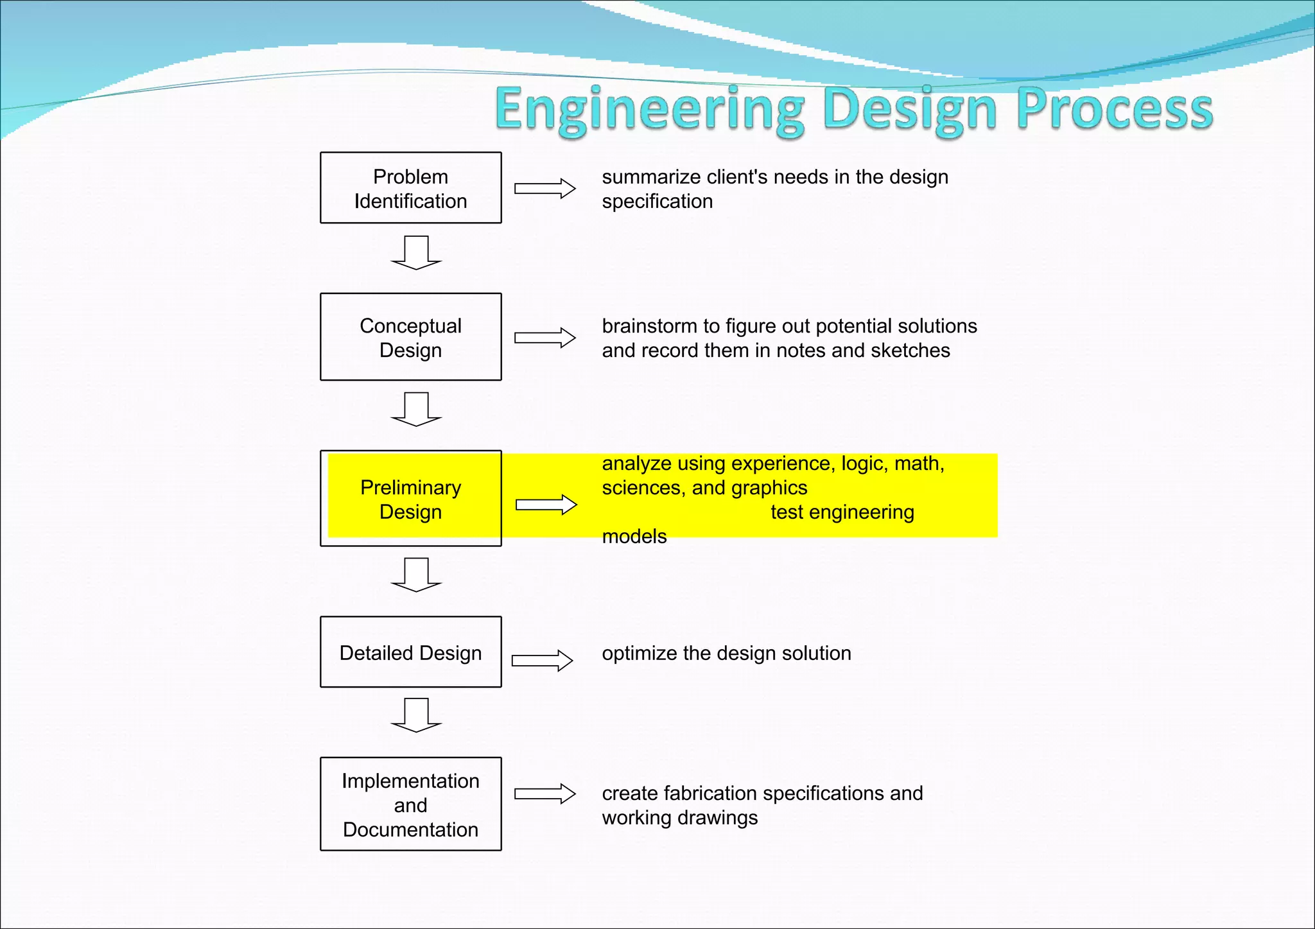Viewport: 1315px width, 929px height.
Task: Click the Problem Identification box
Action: (410, 188)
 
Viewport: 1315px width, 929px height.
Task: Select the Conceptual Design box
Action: (410, 337)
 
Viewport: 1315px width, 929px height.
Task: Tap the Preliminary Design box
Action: (410, 499)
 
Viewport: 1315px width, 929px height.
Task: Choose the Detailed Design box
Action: (410, 652)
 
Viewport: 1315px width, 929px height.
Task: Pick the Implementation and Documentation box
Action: (410, 804)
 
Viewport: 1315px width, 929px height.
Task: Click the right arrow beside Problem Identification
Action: (544, 189)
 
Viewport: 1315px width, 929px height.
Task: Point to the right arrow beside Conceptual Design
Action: (544, 338)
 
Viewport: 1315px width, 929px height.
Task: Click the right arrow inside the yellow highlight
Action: (546, 505)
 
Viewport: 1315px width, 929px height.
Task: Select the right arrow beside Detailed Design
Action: (542, 661)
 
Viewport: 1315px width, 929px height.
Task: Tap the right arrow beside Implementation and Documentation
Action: (544, 794)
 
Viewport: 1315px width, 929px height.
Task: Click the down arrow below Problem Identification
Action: (416, 253)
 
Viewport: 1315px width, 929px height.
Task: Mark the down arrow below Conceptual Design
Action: (416, 410)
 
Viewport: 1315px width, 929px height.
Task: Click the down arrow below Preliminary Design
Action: (416, 575)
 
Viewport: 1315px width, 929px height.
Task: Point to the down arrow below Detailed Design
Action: (416, 715)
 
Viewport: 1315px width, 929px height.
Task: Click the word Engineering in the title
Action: (649, 109)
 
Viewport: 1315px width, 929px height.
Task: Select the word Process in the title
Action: (1115, 109)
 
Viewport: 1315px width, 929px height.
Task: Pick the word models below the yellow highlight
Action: (634, 537)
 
